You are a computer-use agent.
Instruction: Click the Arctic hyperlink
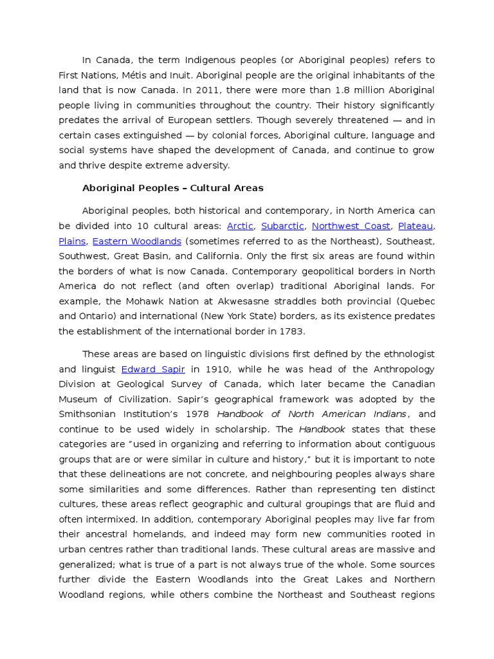[240, 226]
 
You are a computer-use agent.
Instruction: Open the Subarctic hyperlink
[282, 226]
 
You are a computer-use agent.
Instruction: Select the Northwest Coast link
[351, 226]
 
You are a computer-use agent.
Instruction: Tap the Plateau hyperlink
[416, 226]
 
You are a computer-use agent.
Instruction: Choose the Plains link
[72, 241]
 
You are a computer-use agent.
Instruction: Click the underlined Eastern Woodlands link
[137, 241]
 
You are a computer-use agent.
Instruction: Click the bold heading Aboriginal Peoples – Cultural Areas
[173, 189]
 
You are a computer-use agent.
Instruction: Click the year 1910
[221, 369]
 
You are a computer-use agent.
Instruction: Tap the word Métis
[135, 75]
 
